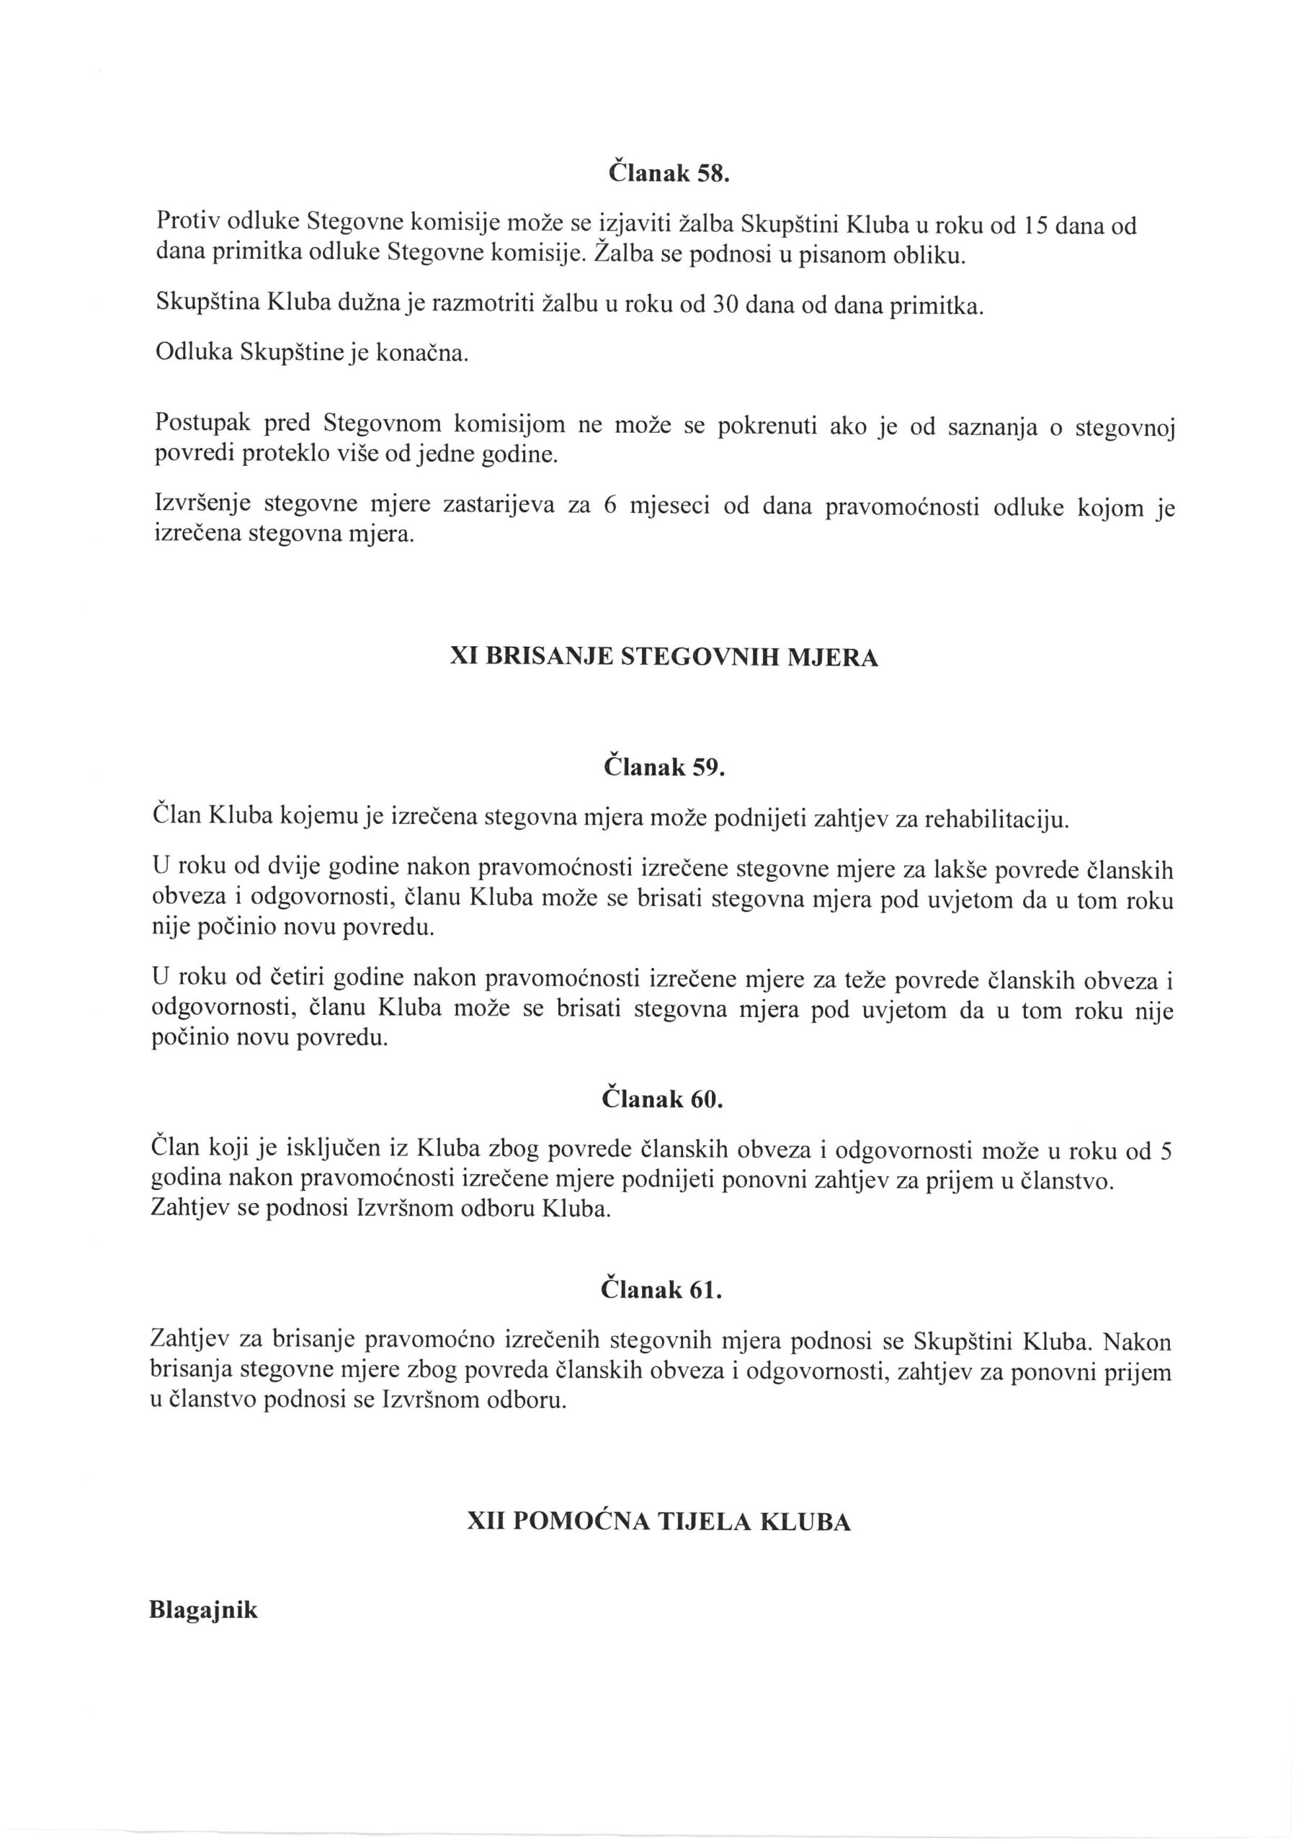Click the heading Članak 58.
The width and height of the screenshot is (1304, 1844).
(x=666, y=174)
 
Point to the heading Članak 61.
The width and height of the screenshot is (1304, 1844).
(x=661, y=1290)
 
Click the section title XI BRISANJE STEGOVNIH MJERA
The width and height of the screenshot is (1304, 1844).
(x=664, y=658)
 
